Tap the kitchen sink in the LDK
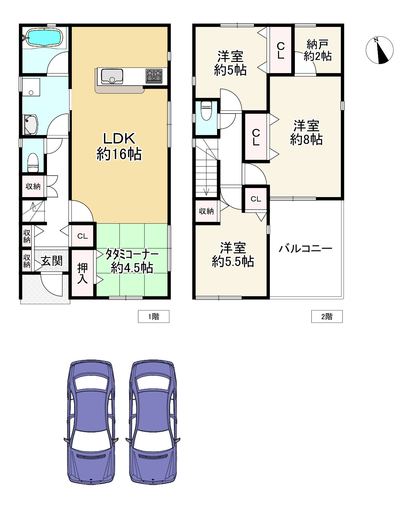click(x=112, y=77)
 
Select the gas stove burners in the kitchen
click(x=154, y=76)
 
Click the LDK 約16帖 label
click(x=119, y=146)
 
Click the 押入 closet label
click(x=82, y=273)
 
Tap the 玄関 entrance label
click(x=52, y=261)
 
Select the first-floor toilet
click(x=33, y=162)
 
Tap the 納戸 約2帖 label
click(x=317, y=50)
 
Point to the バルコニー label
click(x=306, y=248)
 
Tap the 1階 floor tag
click(x=154, y=316)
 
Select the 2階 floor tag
click(x=327, y=316)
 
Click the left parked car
click(x=91, y=422)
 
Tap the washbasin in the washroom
click(x=31, y=124)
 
